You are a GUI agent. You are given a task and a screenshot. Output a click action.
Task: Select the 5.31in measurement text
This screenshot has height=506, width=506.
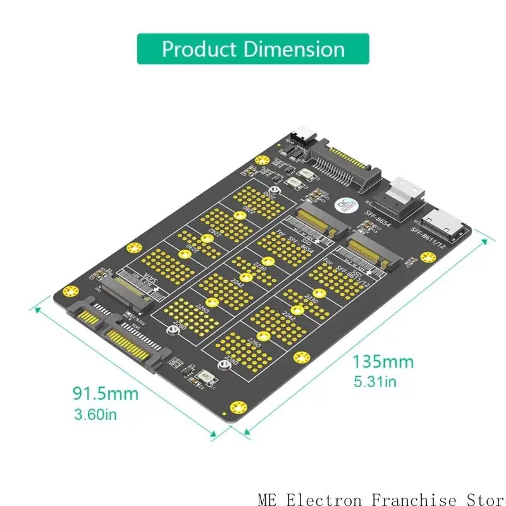(374, 381)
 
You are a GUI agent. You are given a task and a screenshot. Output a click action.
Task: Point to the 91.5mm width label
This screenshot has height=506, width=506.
(105, 393)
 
